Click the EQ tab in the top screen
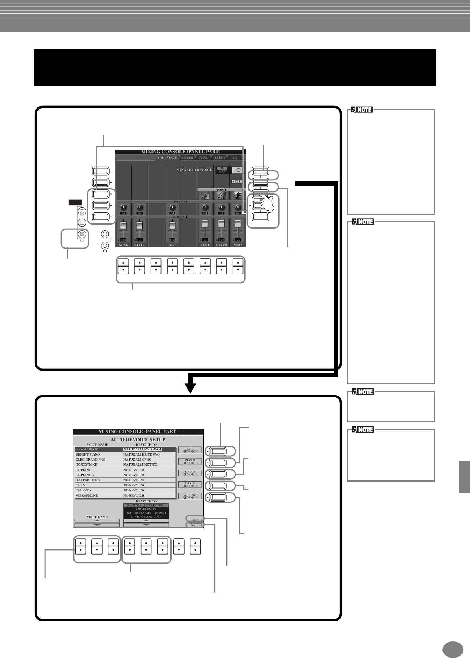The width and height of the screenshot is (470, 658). (235, 157)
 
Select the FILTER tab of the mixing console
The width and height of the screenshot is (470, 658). (187, 157)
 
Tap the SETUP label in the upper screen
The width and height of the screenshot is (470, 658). (237, 182)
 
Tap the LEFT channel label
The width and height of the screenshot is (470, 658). (205, 245)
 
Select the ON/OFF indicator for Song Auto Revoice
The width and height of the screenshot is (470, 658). (222, 170)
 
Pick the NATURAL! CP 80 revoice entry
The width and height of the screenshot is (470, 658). (137, 459)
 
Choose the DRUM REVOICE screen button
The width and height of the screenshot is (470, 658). (190, 473)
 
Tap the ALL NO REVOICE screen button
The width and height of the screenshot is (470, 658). (190, 496)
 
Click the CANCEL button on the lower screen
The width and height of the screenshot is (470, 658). (195, 525)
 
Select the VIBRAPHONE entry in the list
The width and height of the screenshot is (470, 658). (87, 495)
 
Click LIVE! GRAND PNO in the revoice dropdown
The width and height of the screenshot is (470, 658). (146, 517)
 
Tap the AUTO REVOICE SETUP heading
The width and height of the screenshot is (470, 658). (138, 439)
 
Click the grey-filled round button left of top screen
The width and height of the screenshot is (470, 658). (82, 234)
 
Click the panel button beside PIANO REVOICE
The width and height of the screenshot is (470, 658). (218, 462)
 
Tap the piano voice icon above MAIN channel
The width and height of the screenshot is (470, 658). (238, 195)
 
